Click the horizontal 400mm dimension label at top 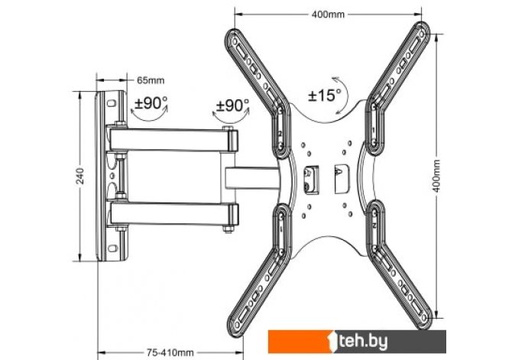tap(328, 15)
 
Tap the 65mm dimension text tap(151, 80)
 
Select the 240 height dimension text tap(80, 176)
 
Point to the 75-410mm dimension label tap(170, 353)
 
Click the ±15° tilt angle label tap(324, 96)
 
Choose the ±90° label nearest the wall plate tap(151, 103)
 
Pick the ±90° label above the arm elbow tap(232, 105)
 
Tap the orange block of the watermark tap(299, 342)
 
